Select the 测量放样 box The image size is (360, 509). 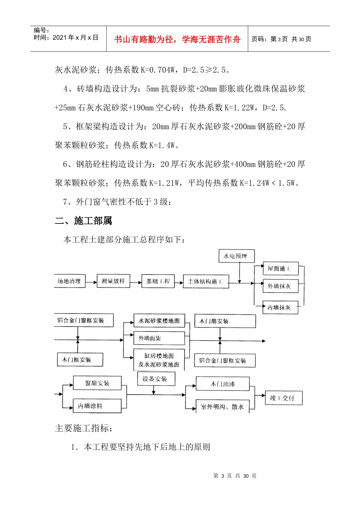pos(113,281)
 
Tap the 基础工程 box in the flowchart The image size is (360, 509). pos(158,281)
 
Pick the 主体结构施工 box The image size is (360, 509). pos(206,281)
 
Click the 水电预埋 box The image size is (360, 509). pos(236,256)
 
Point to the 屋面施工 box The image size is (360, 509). pos(280,269)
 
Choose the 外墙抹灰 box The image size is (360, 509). pos(280,286)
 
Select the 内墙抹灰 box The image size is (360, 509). pos(280,308)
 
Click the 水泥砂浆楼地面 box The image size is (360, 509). pos(159,321)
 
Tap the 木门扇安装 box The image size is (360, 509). pos(225,321)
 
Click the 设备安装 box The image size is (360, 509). pos(156,379)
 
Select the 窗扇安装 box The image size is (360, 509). pos(97,383)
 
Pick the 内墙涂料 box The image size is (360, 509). pos(97,406)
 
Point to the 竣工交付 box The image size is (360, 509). pos(284,398)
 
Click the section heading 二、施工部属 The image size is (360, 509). pos(84,221)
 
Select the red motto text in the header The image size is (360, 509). pos(177,39)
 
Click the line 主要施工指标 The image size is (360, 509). pos(84,428)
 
